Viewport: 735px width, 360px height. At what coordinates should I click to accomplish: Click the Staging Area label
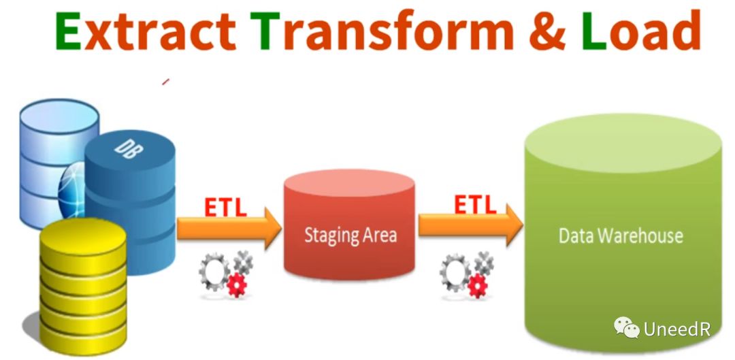coord(350,236)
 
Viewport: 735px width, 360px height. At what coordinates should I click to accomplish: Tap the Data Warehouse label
coord(620,235)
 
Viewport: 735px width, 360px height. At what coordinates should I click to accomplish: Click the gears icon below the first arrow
coord(225,273)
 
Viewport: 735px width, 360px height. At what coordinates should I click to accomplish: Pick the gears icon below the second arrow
coord(466,273)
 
